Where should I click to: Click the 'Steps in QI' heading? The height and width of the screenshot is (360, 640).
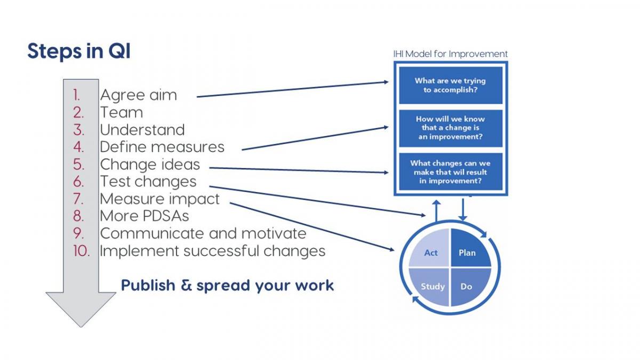79,51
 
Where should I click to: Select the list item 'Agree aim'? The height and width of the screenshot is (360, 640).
139,95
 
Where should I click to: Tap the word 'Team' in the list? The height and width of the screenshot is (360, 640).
122,113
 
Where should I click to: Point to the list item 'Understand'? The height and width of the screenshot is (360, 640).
142,130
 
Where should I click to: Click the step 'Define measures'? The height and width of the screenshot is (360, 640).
162,147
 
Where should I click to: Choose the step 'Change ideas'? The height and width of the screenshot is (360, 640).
150,165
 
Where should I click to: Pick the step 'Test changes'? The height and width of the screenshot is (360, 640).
148,182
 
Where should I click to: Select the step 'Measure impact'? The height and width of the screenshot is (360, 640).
159,199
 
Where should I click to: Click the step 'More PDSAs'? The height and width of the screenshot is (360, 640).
145,216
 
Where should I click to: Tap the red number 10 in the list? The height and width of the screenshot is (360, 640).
82,251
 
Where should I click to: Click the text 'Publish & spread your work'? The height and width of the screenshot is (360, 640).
227,285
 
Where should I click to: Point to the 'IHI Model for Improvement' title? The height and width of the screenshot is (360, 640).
451,54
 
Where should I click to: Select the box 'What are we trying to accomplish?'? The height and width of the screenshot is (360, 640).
451,85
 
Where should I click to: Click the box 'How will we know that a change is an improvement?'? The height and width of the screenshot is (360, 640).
451,129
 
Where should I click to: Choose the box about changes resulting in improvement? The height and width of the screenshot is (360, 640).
451,172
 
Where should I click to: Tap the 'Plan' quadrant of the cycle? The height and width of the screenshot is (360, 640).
469,250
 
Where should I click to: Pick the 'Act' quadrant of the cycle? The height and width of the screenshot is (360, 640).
431,250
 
